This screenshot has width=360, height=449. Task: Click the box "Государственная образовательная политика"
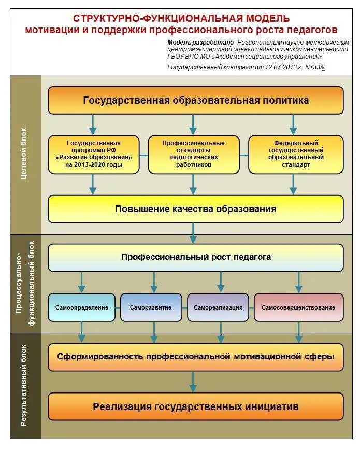195,100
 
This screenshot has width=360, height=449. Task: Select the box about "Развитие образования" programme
93,154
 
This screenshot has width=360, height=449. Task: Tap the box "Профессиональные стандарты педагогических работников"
193,154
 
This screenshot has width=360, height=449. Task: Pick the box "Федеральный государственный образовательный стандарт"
296,154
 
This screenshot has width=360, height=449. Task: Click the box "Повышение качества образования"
195,209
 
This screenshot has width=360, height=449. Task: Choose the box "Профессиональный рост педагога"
195,257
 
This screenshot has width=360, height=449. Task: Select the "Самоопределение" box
82,307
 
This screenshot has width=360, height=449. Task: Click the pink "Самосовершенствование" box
298,307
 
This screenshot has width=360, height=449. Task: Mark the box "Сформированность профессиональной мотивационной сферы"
195,357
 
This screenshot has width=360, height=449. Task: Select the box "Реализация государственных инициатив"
195,406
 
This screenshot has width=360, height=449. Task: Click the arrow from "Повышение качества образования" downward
193,233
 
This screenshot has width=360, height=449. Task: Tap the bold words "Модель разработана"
200,42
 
